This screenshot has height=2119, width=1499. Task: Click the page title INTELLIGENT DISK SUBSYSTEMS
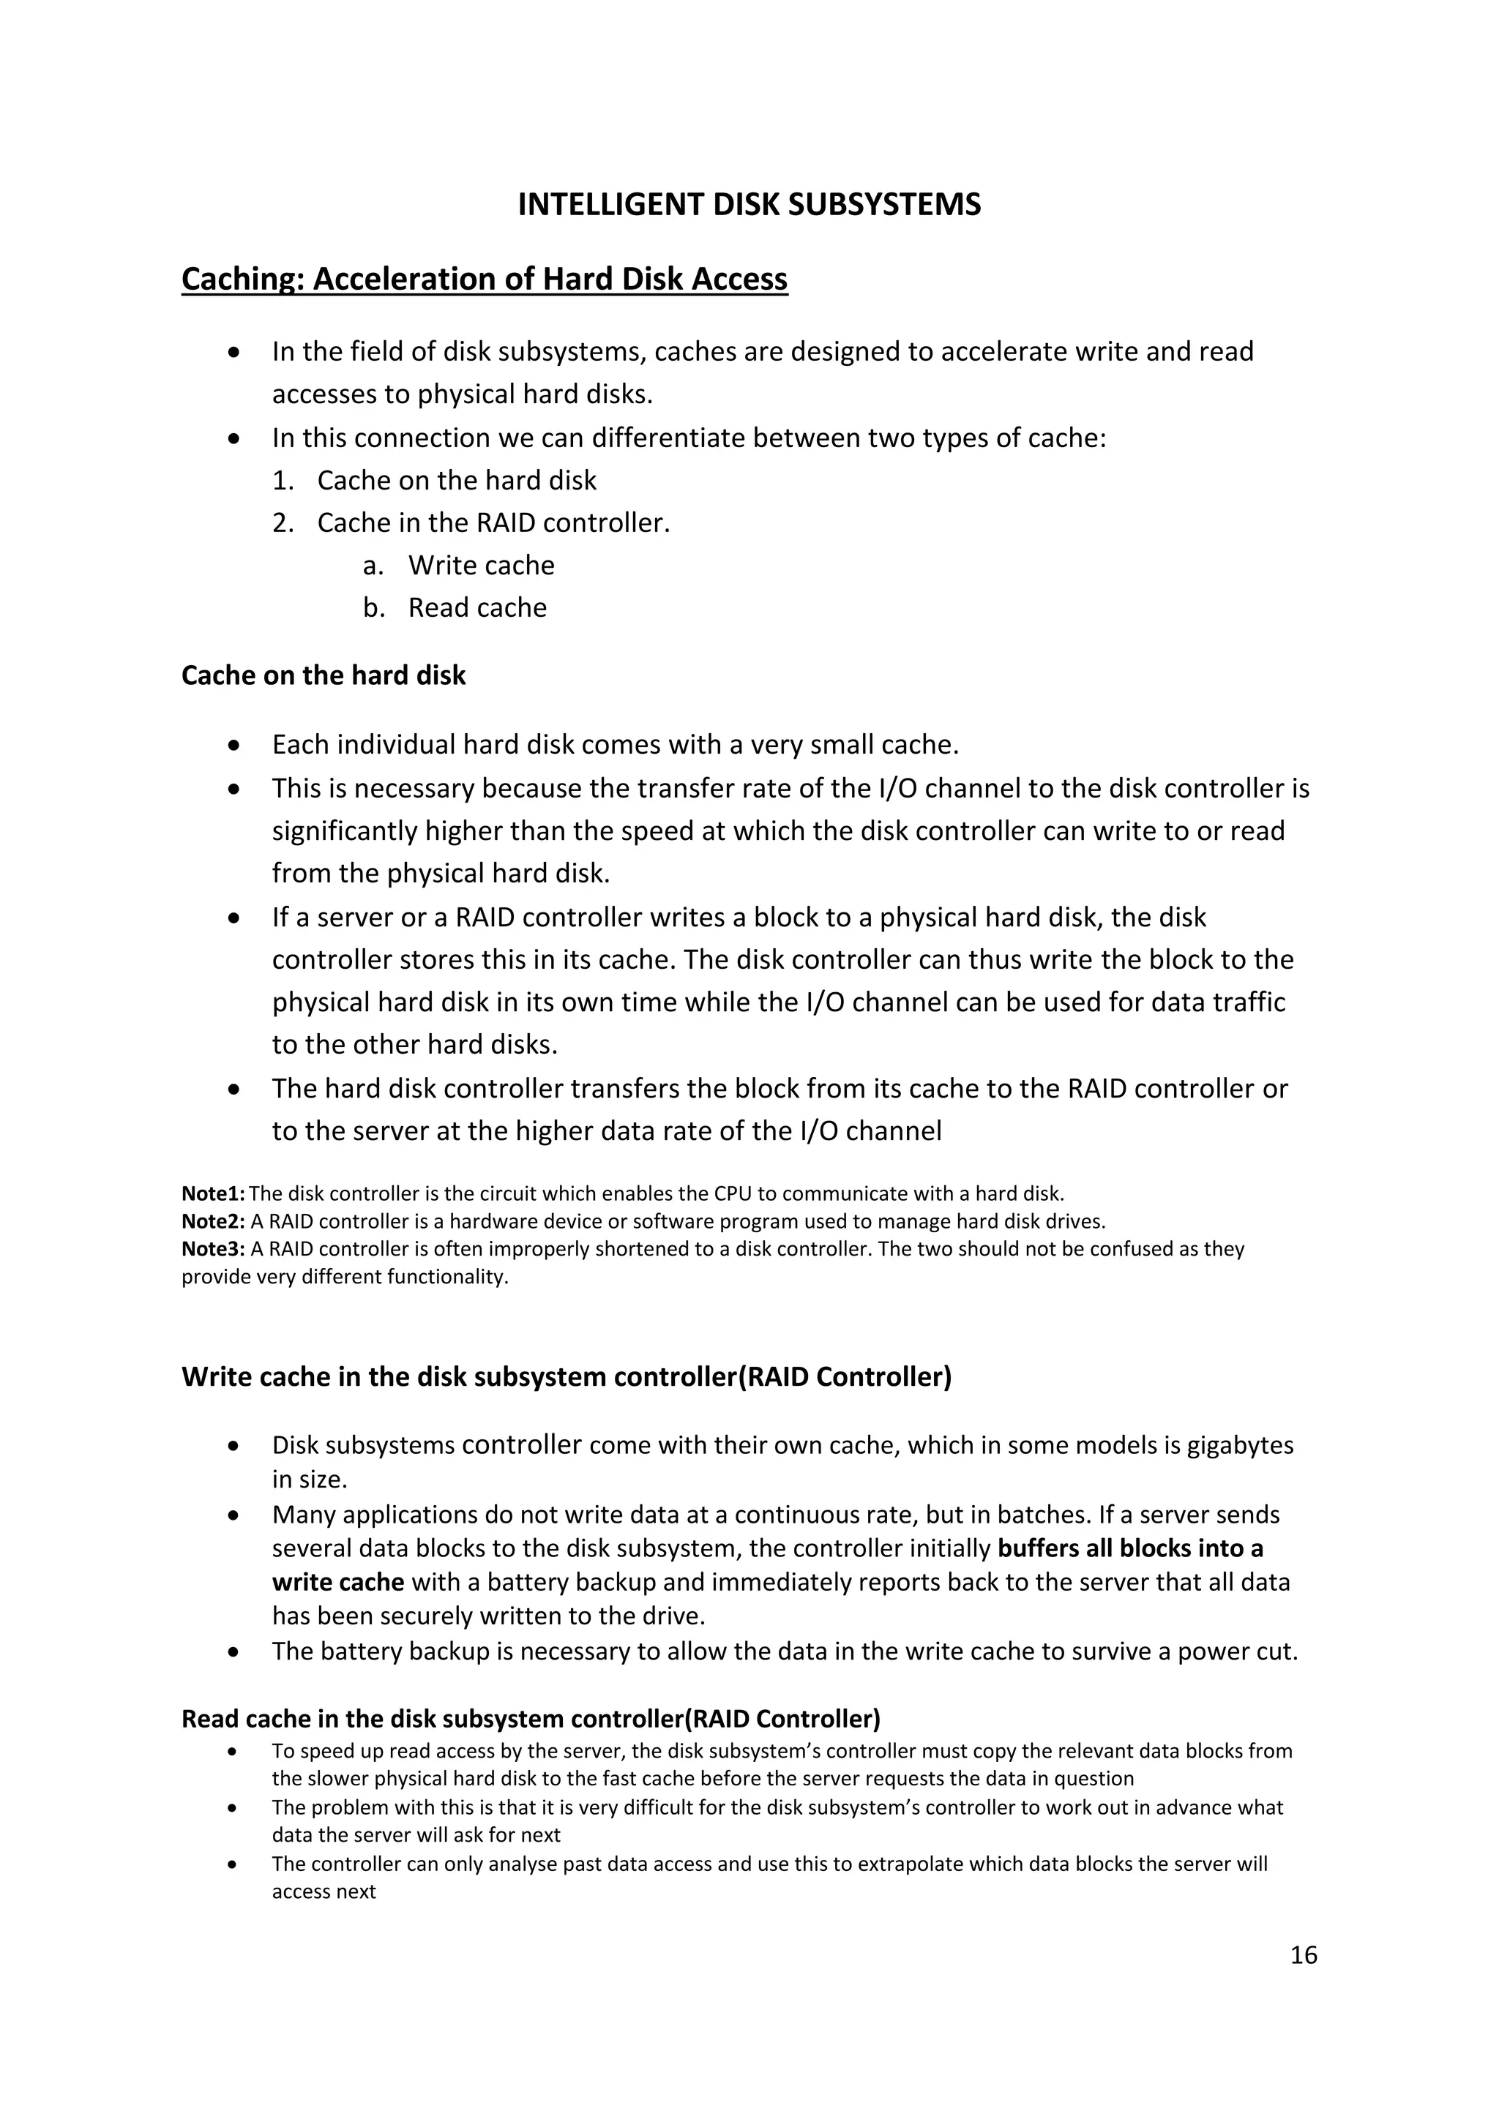tap(749, 204)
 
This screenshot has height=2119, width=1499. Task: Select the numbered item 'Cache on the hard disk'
tap(456, 480)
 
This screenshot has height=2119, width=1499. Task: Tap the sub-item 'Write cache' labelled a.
tap(481, 565)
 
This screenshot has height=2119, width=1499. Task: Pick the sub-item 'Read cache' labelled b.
tap(477, 607)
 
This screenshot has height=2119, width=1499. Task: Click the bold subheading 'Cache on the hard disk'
tap(323, 675)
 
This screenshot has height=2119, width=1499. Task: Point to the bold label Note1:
tap(213, 1193)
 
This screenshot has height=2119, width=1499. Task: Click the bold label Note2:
tap(213, 1221)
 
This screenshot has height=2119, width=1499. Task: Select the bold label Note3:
tap(213, 1249)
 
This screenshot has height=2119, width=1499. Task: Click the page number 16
tap(1304, 1954)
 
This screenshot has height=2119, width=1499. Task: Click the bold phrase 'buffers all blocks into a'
tap(1130, 1548)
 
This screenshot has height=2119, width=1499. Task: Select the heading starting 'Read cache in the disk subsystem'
tap(531, 1719)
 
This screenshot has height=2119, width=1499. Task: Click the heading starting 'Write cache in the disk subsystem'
tap(566, 1377)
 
